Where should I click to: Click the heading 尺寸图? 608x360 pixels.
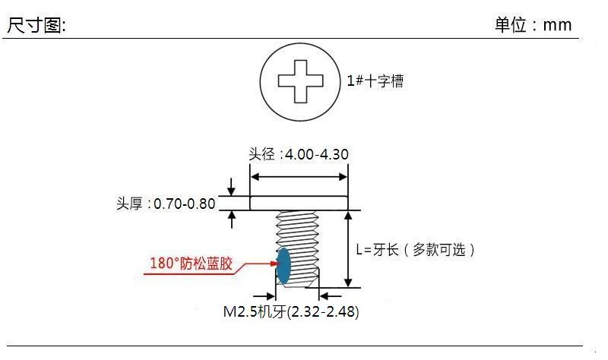point(36,25)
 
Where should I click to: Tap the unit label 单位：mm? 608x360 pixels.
point(533,24)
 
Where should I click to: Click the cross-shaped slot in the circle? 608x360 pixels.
point(300,80)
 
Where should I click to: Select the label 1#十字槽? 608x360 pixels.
point(375,81)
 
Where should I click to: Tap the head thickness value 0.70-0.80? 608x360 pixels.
point(185,204)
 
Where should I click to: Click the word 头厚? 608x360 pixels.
point(128,204)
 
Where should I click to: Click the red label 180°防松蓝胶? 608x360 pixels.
point(191,264)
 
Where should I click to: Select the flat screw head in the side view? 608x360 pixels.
point(299,203)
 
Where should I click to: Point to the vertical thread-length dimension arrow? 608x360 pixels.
point(348,250)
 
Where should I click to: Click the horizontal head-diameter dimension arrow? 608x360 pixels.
point(299,176)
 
